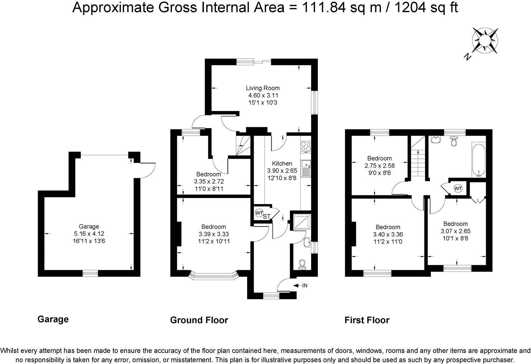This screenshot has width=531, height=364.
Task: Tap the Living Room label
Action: click(x=263, y=88)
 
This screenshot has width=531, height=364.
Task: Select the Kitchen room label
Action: click(x=282, y=163)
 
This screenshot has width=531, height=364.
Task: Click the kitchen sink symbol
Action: click(x=306, y=169)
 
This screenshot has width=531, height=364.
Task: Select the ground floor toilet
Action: click(x=302, y=264)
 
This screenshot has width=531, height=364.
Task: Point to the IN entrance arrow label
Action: click(x=305, y=286)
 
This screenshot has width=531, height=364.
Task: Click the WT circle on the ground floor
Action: click(x=259, y=213)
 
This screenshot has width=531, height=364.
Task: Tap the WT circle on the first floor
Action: click(x=458, y=188)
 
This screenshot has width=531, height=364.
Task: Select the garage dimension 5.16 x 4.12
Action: click(x=89, y=234)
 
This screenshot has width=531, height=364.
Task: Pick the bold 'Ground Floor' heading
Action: click(x=199, y=320)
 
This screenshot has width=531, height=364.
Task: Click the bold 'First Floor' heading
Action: click(x=367, y=320)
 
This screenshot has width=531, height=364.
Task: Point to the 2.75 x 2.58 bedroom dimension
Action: click(x=379, y=166)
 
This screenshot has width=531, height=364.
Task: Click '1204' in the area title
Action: click(x=409, y=7)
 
